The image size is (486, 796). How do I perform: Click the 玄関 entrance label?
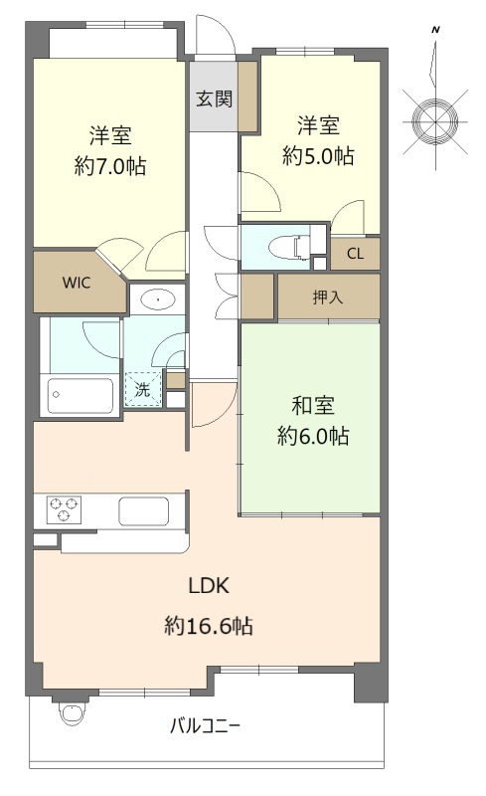tap(214, 99)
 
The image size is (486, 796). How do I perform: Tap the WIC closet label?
tap(77, 283)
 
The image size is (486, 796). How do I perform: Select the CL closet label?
tap(355, 254)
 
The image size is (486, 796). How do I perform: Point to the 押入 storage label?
tap(328, 297)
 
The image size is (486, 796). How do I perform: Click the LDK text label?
tap(209, 586)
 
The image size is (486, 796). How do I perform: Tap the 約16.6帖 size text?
tap(209, 626)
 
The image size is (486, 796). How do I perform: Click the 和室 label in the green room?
tap(313, 406)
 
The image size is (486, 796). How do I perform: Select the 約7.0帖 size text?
tap(110, 166)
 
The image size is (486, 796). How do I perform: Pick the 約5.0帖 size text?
tap(318, 156)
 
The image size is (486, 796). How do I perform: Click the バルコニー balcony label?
tap(205, 726)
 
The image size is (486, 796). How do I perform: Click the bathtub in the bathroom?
tap(81, 395)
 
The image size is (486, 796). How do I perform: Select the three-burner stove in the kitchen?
tap(64, 509)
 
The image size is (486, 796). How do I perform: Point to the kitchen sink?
tap(143, 511)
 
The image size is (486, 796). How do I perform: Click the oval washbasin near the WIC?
tap(159, 299)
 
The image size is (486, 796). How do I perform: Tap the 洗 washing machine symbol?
tap(143, 389)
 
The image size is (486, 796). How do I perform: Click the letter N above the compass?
tap(435, 30)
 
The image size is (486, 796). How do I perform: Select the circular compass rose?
tap(435, 121)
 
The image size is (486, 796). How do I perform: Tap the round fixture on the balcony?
tap(70, 712)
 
